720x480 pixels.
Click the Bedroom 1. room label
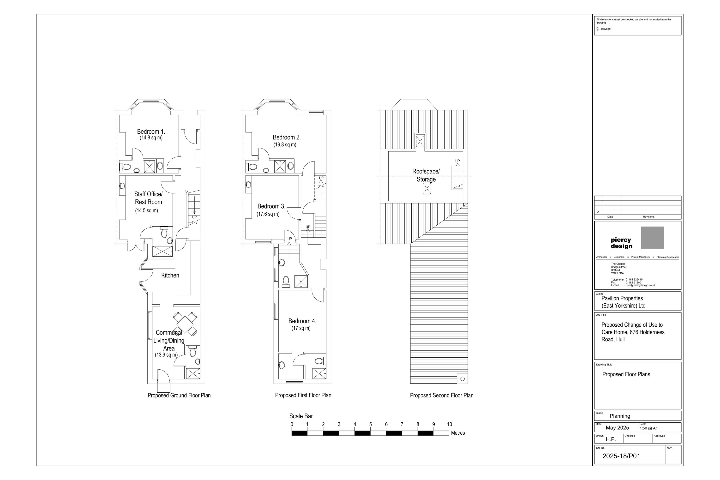coord(151,131)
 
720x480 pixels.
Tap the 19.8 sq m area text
coord(285,144)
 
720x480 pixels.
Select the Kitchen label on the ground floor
coord(170,275)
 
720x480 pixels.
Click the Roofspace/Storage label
coord(426,175)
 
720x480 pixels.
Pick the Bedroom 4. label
coord(302,321)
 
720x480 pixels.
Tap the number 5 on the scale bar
coord(370,424)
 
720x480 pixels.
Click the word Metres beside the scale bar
coord(458,433)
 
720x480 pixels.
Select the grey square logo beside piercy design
coord(652,238)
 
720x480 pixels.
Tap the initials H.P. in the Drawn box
coord(611,439)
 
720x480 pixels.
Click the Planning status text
coord(620,416)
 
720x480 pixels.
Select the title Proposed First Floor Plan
coord(303,395)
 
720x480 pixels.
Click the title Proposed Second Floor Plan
coord(441,395)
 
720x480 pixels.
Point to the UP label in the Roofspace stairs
coord(457,161)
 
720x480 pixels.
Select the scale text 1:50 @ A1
coord(648,428)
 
